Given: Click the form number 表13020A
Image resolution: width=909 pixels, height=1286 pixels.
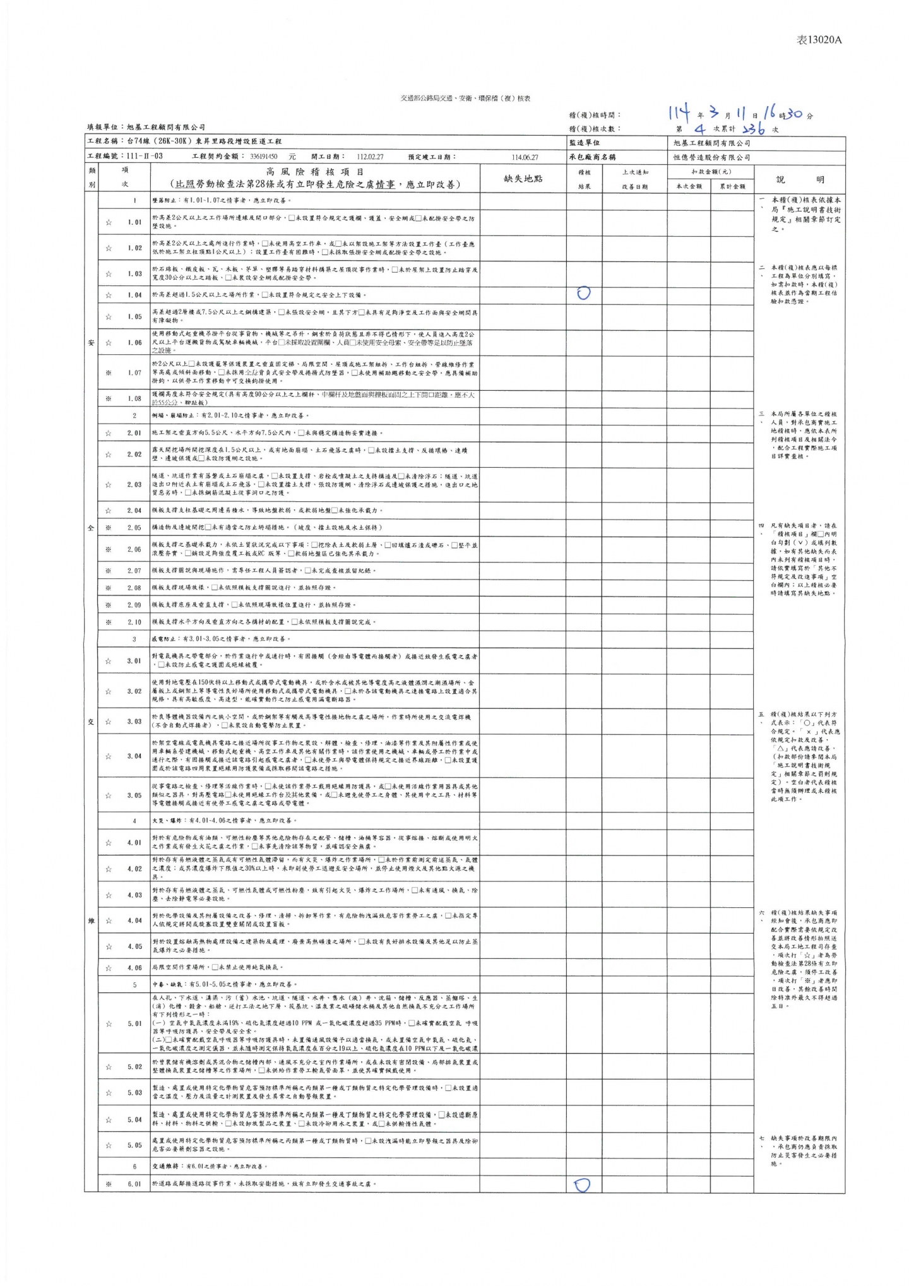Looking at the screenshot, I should (x=819, y=40).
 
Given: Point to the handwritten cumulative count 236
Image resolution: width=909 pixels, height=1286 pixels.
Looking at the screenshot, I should (x=754, y=129).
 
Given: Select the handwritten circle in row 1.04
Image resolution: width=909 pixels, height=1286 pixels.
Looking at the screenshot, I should (x=584, y=293).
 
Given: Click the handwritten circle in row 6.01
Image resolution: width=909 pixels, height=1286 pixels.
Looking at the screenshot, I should (x=582, y=1185).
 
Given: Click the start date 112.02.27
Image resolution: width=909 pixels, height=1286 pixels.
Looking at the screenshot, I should (x=370, y=157).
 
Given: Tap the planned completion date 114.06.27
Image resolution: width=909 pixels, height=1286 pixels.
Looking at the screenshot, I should (x=525, y=157).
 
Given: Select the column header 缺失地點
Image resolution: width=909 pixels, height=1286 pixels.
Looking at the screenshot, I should (x=523, y=179).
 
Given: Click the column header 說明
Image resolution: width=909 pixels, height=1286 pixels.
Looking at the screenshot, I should (x=800, y=179).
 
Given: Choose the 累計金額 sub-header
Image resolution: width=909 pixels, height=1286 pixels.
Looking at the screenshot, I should (x=732, y=186).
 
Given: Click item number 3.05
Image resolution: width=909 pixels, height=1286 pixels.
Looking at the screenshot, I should (x=134, y=795).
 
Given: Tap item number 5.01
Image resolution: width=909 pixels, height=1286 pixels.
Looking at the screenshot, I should (x=134, y=1023).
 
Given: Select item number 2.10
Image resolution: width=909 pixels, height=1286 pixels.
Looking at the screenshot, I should (x=134, y=622).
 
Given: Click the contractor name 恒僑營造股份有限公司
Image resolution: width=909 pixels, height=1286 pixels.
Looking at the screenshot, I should (x=712, y=157).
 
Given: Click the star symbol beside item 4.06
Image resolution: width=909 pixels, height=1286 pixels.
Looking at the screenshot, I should (x=109, y=967).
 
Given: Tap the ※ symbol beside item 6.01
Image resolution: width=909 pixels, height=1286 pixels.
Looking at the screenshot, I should (x=109, y=1184).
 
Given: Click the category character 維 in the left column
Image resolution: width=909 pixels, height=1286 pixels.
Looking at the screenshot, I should (x=91, y=920).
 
